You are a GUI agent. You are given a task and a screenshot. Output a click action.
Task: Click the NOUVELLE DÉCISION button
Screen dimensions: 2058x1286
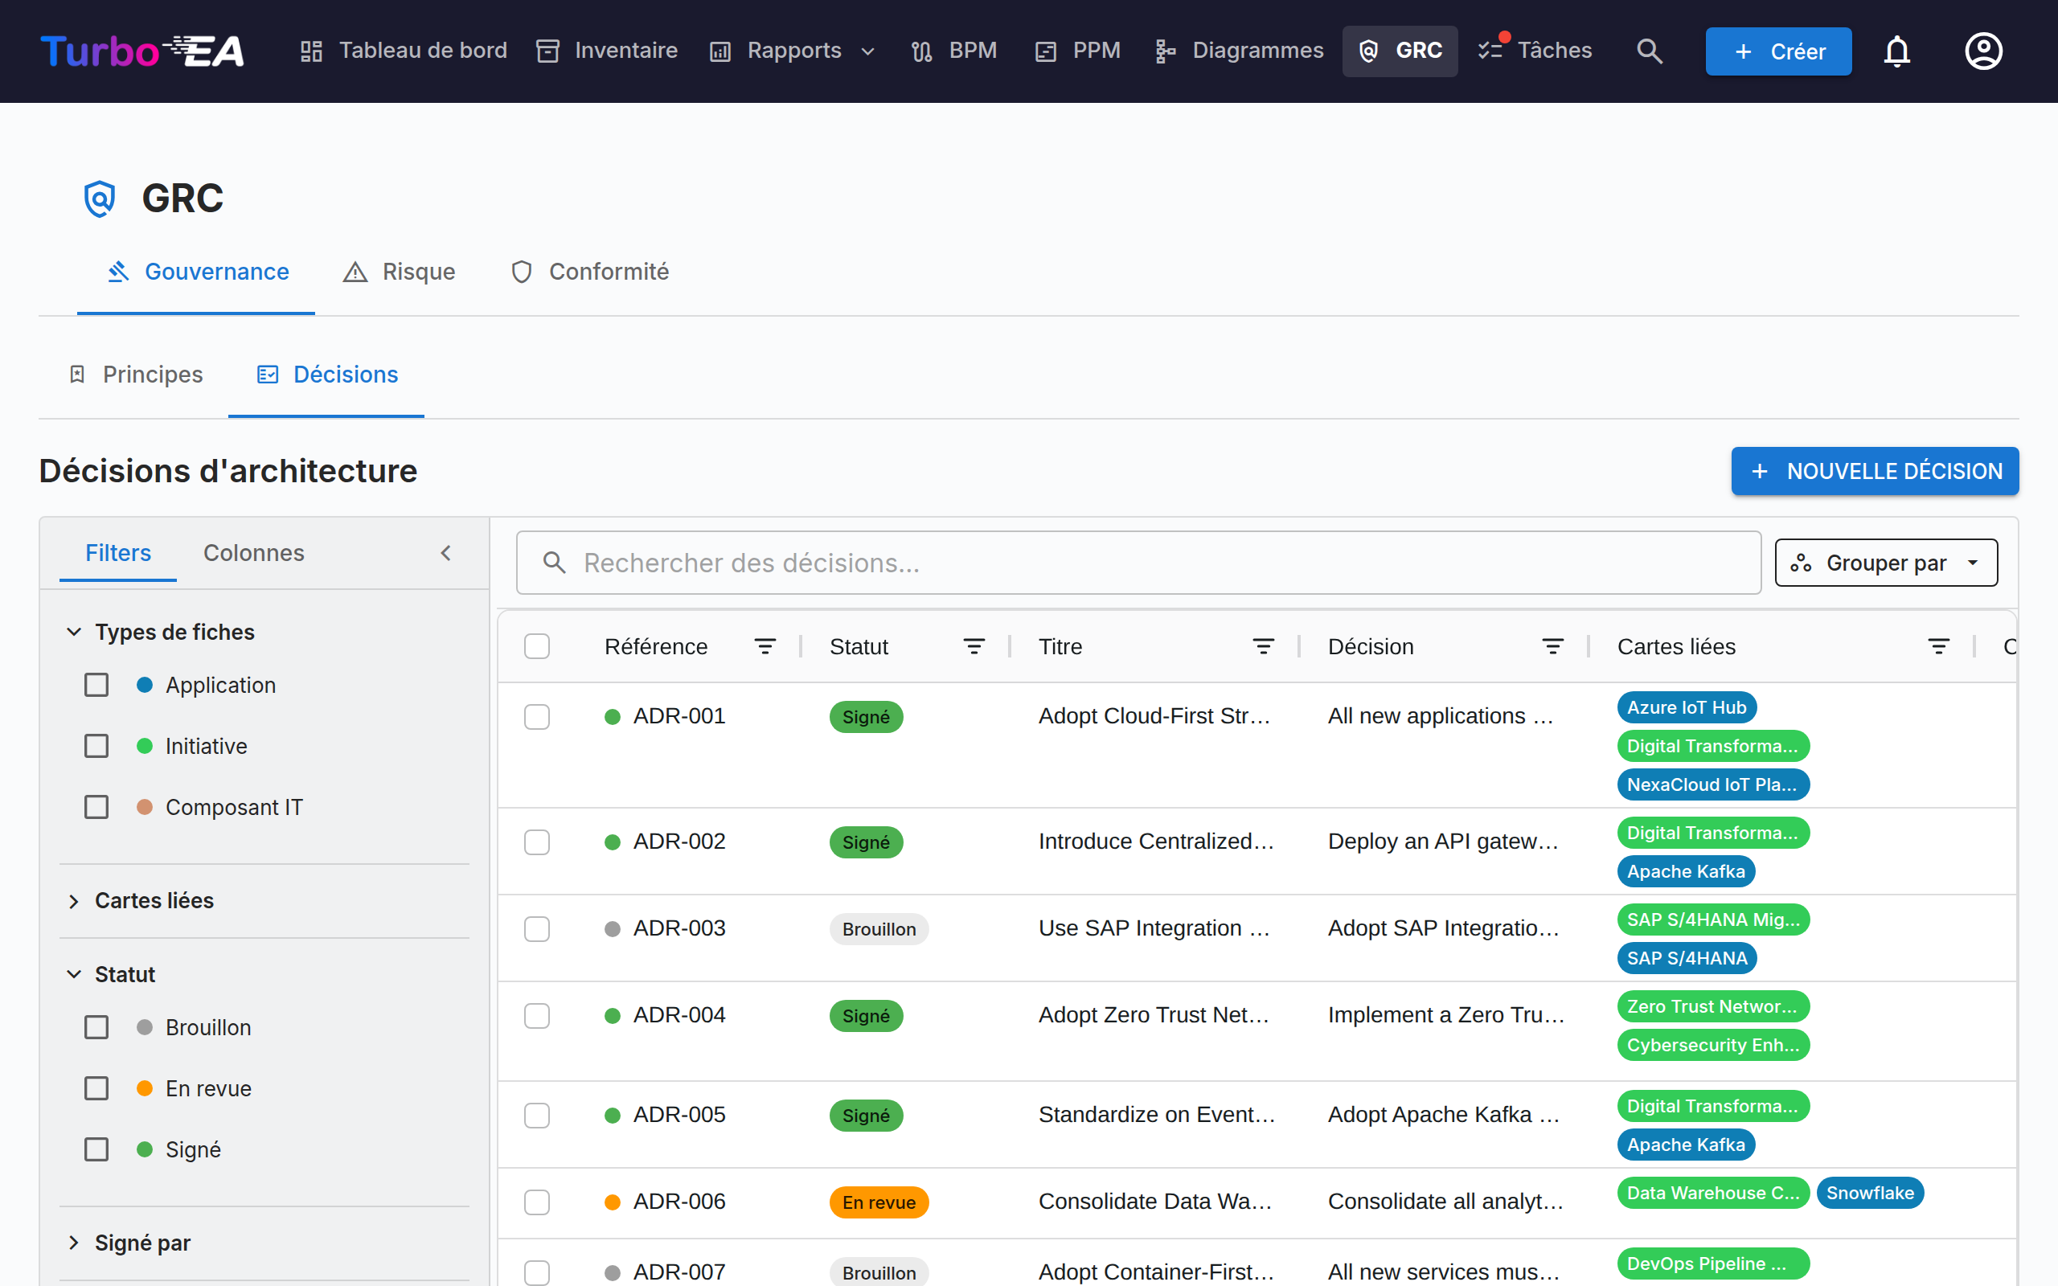(1875, 471)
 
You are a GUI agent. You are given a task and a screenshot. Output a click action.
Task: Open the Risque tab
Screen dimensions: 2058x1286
(399, 272)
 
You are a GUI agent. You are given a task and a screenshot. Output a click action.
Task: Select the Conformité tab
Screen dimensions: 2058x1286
(589, 272)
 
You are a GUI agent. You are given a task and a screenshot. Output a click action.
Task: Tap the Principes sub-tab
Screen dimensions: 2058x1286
(135, 375)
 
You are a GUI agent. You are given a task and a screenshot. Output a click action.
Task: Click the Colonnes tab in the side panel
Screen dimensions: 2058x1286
(253, 553)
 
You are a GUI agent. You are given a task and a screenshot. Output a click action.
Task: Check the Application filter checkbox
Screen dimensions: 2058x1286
(96, 685)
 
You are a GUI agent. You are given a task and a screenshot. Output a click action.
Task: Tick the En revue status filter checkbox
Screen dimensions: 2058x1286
(96, 1087)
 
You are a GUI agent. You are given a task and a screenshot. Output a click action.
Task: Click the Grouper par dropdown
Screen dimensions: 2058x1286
(1885, 563)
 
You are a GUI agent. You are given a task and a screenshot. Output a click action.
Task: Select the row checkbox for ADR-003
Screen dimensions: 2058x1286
(537, 929)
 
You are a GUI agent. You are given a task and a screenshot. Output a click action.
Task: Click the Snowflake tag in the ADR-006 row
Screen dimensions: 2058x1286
(1869, 1193)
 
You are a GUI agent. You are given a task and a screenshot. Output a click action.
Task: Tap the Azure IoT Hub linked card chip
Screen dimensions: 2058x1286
(1687, 706)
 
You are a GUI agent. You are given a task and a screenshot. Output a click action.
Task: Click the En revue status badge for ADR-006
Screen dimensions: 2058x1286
(879, 1202)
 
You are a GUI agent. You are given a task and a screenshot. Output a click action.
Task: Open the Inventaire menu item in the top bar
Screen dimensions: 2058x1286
(607, 51)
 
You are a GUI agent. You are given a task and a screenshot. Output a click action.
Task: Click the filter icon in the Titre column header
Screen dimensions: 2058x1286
(1263, 646)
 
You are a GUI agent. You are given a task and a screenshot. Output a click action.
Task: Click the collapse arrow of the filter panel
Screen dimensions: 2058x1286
(445, 553)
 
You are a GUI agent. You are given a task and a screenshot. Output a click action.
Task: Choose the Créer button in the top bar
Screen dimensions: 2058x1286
(1778, 51)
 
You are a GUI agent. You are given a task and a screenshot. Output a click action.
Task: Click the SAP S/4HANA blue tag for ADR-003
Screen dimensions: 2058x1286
(1687, 958)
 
